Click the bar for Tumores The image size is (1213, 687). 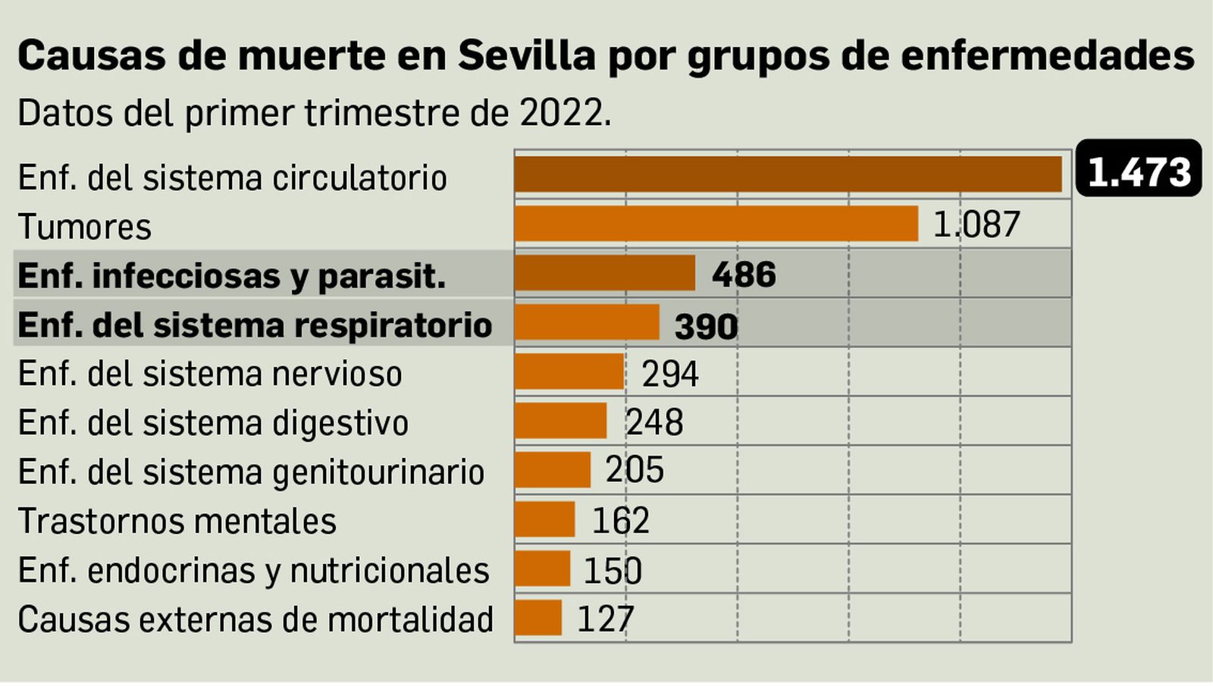point(716,224)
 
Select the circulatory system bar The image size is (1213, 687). point(788,174)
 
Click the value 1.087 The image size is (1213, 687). point(976,224)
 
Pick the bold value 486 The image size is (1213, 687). point(744,274)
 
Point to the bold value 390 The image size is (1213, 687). point(706,326)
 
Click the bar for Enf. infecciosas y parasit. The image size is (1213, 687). point(604,273)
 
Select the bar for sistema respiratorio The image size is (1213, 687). point(587,322)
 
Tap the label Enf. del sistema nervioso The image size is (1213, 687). point(210,374)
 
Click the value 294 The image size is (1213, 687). point(670,374)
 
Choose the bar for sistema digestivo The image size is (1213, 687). point(560,421)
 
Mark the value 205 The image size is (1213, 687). point(635,470)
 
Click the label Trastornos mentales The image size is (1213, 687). point(177,522)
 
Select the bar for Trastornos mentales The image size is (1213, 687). point(544,519)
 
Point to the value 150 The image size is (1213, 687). point(613,570)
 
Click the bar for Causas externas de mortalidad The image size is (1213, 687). point(538,618)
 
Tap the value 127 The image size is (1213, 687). point(605,619)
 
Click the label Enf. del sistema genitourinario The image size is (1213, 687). point(251,472)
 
